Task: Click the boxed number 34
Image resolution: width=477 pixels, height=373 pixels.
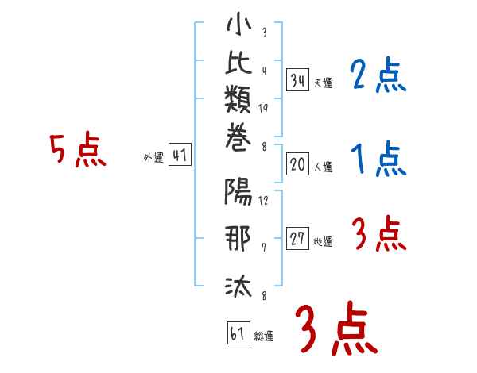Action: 298,80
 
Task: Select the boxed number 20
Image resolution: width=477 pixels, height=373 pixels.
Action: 298,165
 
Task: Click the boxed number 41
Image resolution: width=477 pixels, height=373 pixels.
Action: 180,156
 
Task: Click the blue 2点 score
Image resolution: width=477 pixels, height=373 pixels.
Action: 378,76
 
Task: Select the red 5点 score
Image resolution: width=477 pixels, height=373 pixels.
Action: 77,151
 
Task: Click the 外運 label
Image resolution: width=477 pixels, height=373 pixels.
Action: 153,158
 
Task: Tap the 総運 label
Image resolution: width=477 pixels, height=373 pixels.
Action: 264,336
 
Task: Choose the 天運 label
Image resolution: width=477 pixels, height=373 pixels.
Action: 323,83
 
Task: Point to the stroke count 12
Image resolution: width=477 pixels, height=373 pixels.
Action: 263,201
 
